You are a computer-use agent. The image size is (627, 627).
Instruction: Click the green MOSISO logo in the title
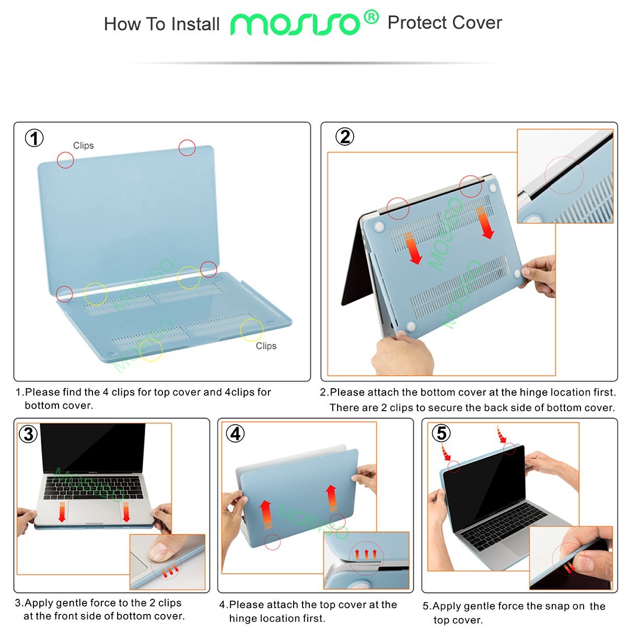coord(295,24)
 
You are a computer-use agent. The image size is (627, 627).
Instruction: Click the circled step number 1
coord(34,138)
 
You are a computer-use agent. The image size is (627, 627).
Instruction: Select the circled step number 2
coord(344,137)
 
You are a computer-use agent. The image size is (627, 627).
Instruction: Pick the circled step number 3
coord(28,434)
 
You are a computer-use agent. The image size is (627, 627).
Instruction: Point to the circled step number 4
coord(236,434)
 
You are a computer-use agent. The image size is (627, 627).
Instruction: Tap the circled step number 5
coord(442,433)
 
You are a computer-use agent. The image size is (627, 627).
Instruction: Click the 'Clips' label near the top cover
coord(83,145)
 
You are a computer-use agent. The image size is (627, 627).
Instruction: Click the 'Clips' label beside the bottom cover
coord(266,346)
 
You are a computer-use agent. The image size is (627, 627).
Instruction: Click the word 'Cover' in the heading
coord(477,23)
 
